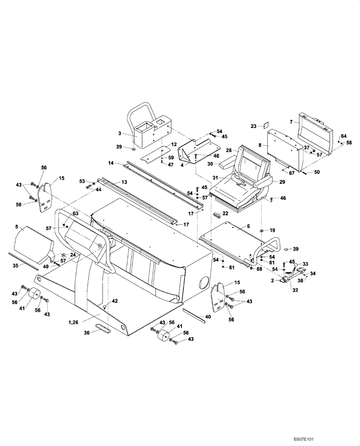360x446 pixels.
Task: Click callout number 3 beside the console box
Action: click(x=120, y=133)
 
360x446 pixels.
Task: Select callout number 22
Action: click(x=225, y=213)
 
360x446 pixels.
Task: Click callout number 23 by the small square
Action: click(x=253, y=126)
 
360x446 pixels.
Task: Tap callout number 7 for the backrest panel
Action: click(x=290, y=121)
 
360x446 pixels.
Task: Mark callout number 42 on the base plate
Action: click(x=115, y=301)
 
